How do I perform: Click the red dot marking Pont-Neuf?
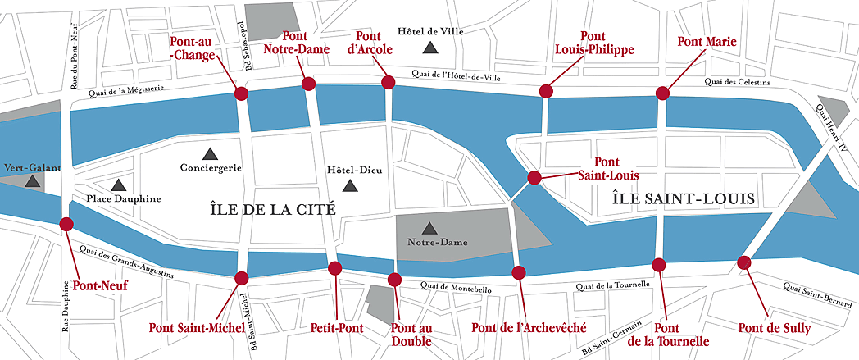tap(66, 223)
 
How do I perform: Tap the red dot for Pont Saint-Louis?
tap(534, 177)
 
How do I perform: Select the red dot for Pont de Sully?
tap(743, 262)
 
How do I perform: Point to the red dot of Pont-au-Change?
tap(241, 93)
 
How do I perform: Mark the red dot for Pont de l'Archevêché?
tap(518, 272)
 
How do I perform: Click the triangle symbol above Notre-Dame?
tap(428, 227)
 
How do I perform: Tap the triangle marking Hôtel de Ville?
tap(429, 49)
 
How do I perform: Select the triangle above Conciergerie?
tap(210, 153)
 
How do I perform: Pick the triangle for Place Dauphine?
tap(120, 185)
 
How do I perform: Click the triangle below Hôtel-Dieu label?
tap(350, 186)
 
